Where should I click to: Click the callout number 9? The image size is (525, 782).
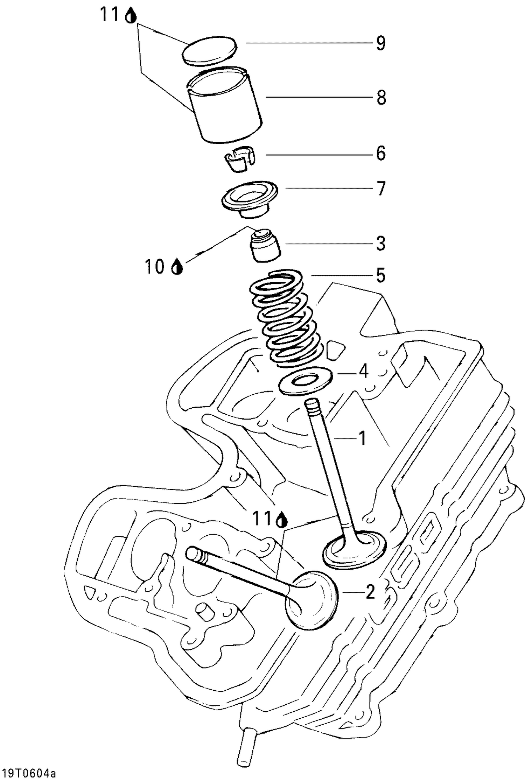pos(381,43)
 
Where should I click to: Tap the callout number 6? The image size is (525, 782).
pos(381,154)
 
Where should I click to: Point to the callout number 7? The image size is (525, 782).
pos(381,188)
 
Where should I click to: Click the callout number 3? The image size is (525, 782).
pos(381,243)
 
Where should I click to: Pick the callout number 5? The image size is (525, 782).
pos(380,275)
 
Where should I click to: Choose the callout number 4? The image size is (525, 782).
pos(364,371)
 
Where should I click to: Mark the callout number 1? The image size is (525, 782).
pos(362,438)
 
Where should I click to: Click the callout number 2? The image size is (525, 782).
pos(370,591)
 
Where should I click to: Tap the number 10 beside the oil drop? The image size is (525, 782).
pos(154,267)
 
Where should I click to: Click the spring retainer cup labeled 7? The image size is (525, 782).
pos(250,199)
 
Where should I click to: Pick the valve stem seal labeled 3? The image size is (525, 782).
pos(265,247)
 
